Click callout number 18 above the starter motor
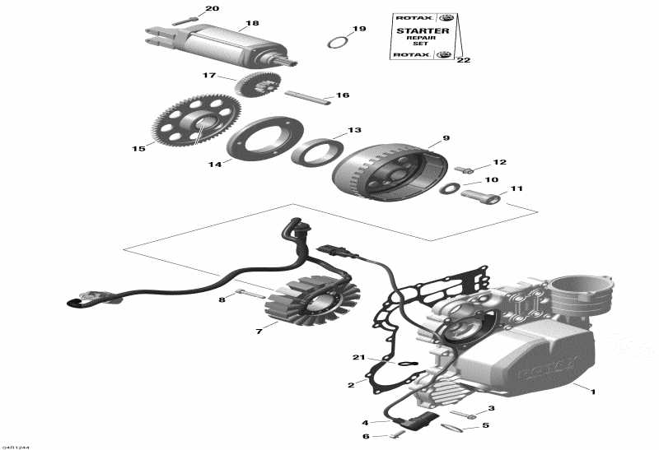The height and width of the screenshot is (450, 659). tap(252, 24)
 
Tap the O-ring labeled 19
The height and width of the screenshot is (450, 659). tap(336, 42)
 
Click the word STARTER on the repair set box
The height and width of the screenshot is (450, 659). tap(423, 30)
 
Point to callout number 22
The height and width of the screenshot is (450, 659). tap(463, 60)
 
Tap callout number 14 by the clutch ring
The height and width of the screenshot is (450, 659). tap(215, 165)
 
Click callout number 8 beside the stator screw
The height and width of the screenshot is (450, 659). tap(222, 299)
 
